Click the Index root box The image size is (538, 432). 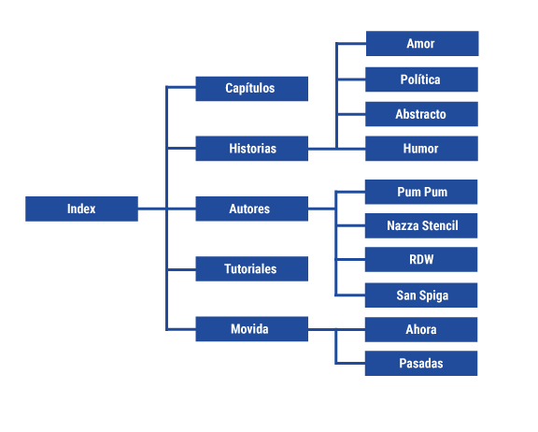[x=81, y=209]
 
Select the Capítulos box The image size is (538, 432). [x=251, y=89]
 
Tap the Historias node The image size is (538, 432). [x=251, y=149]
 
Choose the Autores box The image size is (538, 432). [x=251, y=209]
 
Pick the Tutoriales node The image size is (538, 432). [x=251, y=268]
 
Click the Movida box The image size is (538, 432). [x=251, y=329]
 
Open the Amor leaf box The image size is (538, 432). [x=421, y=44]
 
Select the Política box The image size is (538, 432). [x=421, y=79]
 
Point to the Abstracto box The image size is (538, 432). [x=421, y=114]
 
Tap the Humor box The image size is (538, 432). [x=421, y=149]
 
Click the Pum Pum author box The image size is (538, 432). [x=421, y=192]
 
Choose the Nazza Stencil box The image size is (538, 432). [x=421, y=225]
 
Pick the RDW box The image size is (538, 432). [x=421, y=260]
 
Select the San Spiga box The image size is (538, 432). [x=421, y=295]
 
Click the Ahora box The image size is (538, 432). [x=421, y=329]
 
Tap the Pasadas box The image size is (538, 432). [x=421, y=363]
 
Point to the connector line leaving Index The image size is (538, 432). [x=151, y=209]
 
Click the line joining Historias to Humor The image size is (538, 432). [x=336, y=149]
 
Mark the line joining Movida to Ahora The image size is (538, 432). [x=336, y=329]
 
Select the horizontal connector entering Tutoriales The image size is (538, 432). [x=181, y=269]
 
